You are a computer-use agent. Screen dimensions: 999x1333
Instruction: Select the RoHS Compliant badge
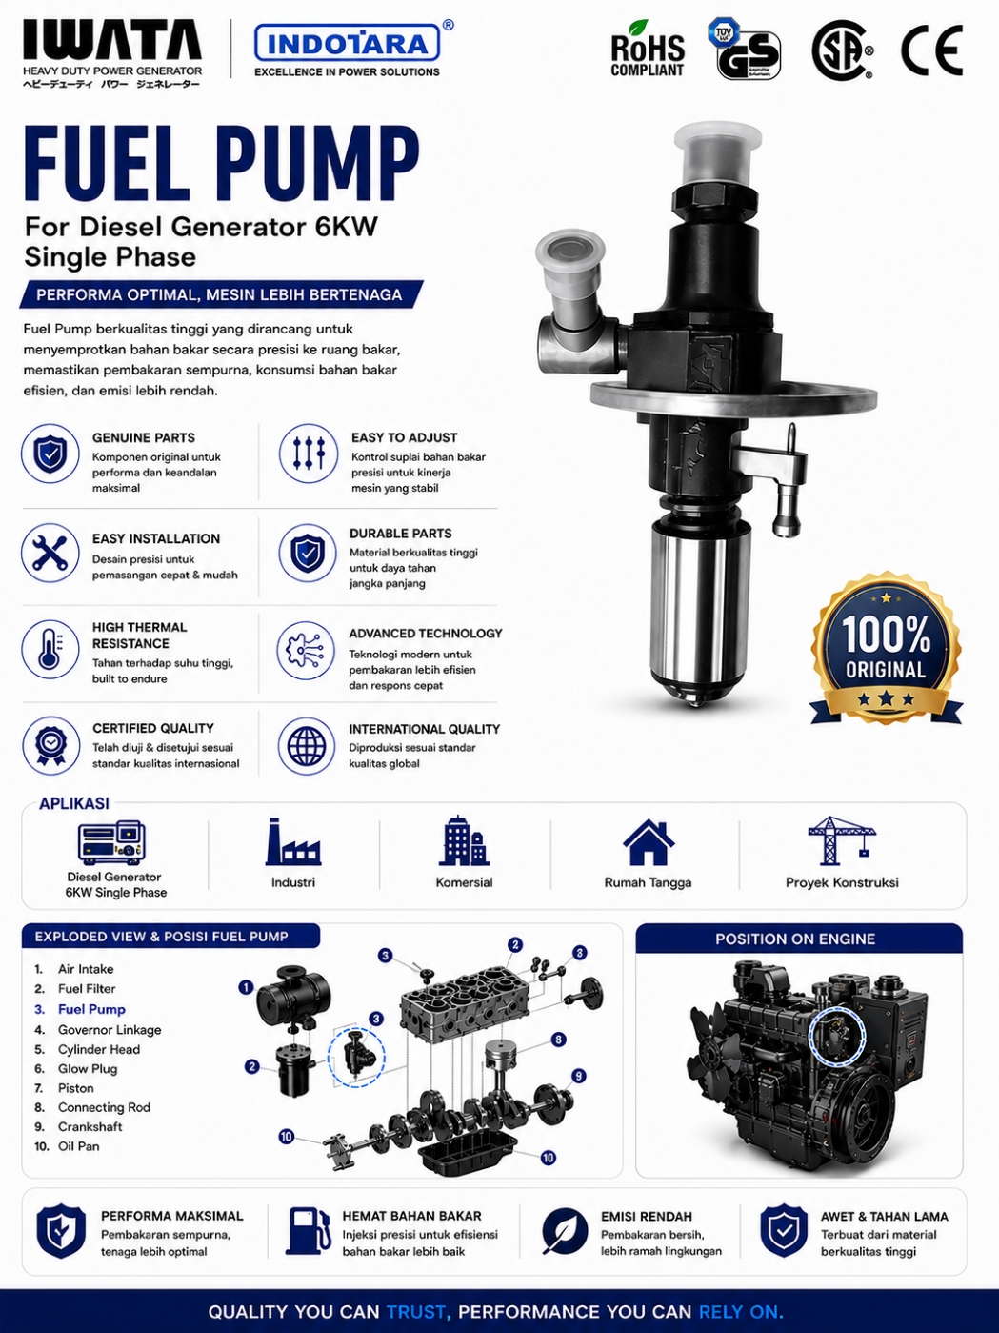[648, 50]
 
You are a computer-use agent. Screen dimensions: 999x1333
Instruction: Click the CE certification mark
[931, 50]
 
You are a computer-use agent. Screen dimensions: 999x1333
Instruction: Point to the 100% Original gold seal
[886, 648]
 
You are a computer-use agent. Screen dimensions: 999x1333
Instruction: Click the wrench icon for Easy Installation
[50, 554]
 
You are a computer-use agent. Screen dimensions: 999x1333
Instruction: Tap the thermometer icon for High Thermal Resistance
[50, 649]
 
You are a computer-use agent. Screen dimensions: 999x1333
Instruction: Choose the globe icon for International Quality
[307, 746]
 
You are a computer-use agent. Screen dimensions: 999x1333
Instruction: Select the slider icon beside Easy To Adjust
[309, 453]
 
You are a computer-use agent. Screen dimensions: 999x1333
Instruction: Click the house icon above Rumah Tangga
[649, 842]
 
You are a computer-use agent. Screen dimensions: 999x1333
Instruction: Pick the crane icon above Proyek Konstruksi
[842, 840]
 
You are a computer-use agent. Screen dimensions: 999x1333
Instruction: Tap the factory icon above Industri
[293, 841]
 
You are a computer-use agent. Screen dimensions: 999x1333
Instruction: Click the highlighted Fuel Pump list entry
[91, 1009]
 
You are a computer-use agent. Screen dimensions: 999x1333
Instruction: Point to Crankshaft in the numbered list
[90, 1126]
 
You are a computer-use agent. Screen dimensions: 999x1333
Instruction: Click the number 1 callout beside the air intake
[246, 987]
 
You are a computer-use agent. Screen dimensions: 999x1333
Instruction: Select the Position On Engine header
[795, 939]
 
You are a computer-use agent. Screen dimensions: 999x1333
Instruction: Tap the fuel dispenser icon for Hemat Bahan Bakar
[309, 1232]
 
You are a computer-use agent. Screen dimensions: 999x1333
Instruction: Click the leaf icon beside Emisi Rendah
[565, 1232]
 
